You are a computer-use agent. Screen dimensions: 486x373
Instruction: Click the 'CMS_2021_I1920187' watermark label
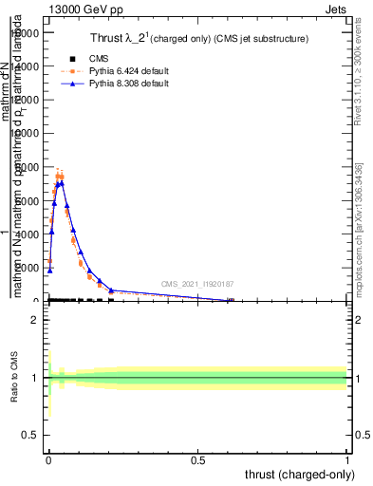coord(196,284)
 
